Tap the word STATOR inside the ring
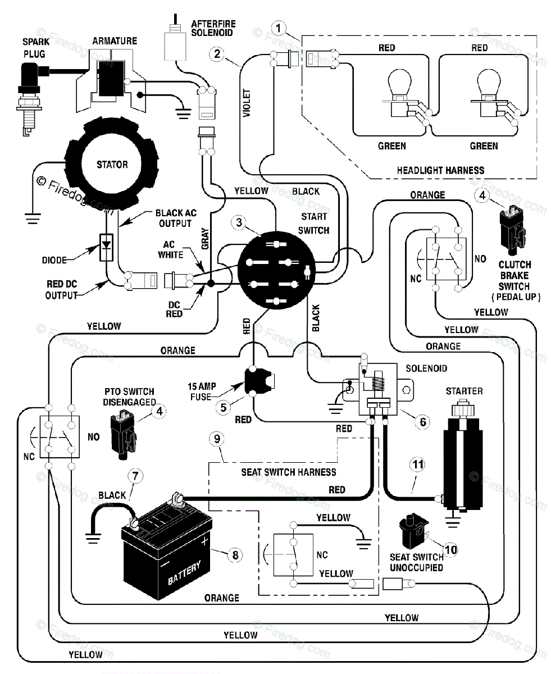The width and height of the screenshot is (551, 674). click(112, 165)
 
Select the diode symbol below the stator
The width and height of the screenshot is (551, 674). click(106, 247)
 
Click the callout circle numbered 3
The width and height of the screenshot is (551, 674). click(239, 222)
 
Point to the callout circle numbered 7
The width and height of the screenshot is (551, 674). click(135, 476)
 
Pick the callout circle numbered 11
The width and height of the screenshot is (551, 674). click(418, 464)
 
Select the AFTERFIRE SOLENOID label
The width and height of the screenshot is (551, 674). click(213, 28)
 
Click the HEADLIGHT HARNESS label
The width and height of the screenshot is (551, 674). click(440, 170)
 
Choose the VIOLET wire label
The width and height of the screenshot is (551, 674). click(247, 103)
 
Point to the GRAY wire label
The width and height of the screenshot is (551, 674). click(205, 238)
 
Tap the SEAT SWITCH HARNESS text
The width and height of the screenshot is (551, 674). click(289, 472)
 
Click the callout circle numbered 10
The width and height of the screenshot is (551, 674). click(451, 550)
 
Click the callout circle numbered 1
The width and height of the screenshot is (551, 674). click(279, 28)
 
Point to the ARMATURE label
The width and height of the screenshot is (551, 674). click(115, 41)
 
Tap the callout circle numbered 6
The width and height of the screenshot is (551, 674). click(422, 422)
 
